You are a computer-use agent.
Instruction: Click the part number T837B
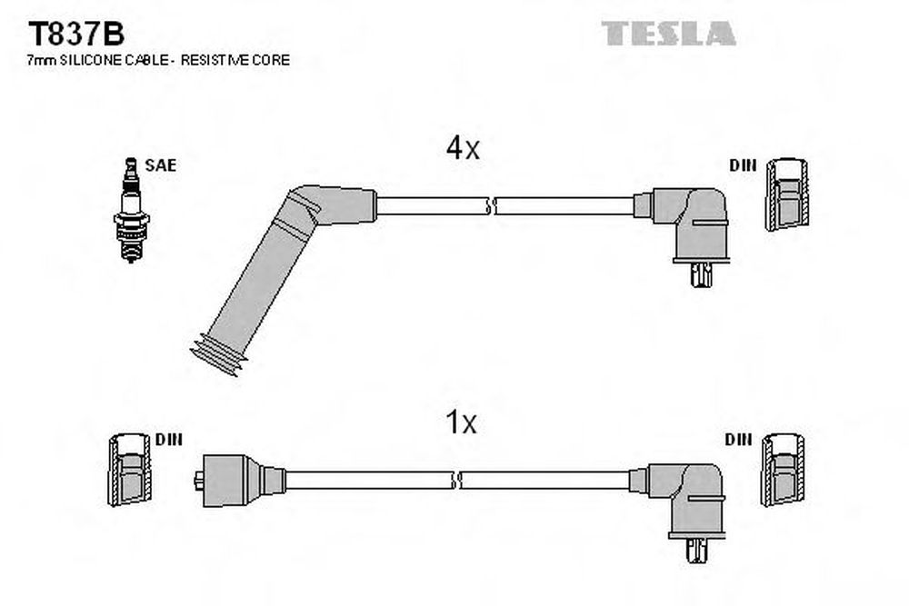[x=76, y=35]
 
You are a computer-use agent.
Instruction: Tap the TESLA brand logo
[x=668, y=33]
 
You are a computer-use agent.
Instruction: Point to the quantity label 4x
[x=463, y=148]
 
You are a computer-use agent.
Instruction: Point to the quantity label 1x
[x=460, y=422]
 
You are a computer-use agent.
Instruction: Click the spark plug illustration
[x=132, y=210]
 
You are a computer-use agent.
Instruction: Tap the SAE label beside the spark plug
[x=161, y=165]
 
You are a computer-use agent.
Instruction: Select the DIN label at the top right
[x=744, y=165]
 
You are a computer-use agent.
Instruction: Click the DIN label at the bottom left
[x=169, y=440]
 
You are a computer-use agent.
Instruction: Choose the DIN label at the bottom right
[x=738, y=440]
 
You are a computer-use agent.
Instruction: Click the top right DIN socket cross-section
[x=787, y=194]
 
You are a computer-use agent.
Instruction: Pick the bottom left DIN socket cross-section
[x=130, y=470]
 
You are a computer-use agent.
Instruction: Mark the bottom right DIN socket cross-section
[x=784, y=470]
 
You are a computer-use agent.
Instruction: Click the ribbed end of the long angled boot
[x=218, y=354]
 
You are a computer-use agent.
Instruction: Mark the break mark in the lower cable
[x=456, y=481]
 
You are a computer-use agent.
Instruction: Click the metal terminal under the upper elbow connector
[x=701, y=274]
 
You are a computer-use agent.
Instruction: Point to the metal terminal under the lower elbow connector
[x=696, y=550]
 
